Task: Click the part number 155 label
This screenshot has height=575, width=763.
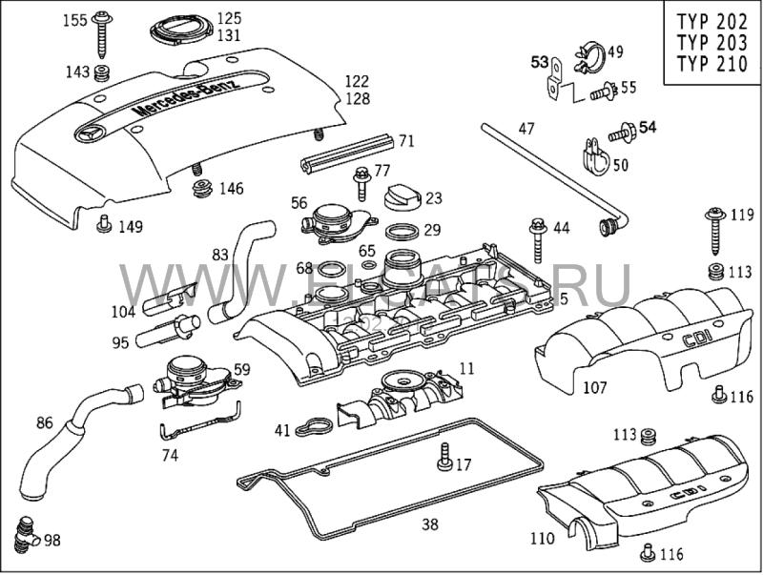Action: coord(74,19)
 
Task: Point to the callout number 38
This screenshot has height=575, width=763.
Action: coord(430,524)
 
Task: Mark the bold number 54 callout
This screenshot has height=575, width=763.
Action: coord(649,127)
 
